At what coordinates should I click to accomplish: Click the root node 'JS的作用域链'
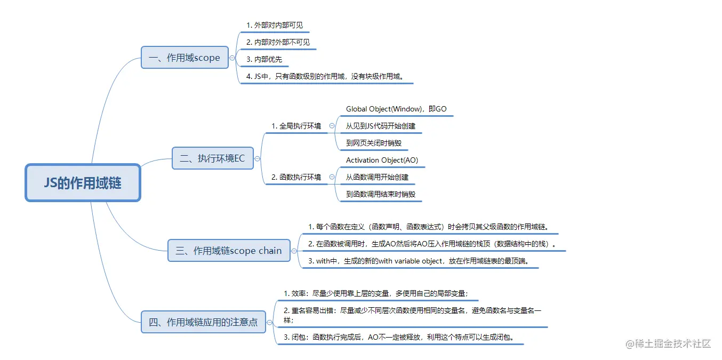pos(83,183)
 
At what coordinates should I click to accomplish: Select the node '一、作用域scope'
pos(184,58)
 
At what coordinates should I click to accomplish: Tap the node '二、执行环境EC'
pos(212,158)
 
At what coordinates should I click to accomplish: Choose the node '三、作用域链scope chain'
pos(229,251)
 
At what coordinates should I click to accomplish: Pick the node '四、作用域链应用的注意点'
pos(203,322)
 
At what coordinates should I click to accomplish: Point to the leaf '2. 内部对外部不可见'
pos(278,42)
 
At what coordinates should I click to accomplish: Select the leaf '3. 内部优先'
pos(264,59)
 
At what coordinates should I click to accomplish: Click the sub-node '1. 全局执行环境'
pos(296,126)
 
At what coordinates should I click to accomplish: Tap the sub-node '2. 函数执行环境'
pos(296,177)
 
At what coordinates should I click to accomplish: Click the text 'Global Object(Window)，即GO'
pos(396,109)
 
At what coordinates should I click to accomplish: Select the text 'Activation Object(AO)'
pos(382,160)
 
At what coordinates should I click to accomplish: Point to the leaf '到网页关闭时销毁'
pos(373,143)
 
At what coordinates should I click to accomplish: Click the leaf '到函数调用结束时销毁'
pos(380,194)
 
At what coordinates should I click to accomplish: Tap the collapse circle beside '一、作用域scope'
pos(232,58)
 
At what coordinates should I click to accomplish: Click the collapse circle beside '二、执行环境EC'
pos(258,158)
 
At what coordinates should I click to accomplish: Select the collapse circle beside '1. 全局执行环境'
pos(332,126)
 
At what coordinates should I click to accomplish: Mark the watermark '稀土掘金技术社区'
pos(669,343)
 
